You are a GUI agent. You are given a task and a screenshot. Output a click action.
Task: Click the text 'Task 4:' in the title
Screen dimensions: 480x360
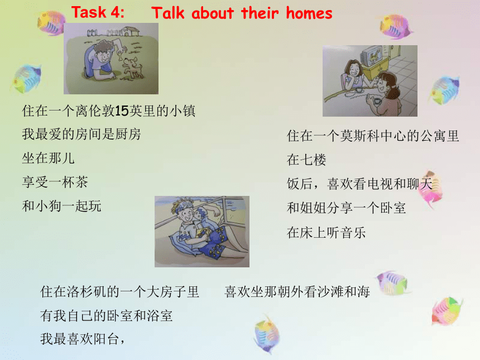98,12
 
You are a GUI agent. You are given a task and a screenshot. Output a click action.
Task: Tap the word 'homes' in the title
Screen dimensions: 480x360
309,13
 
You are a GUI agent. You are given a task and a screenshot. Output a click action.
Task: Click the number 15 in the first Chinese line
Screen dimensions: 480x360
122,111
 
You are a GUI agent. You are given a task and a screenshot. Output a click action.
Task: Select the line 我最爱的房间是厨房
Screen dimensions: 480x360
81,135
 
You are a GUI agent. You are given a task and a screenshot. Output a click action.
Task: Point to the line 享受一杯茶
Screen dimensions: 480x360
55,183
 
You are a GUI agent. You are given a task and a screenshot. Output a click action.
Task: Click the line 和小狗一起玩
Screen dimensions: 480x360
61,206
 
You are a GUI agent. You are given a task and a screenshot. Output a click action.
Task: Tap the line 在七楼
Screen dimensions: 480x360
306,160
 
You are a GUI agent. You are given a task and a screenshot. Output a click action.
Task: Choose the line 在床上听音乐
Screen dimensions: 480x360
327,233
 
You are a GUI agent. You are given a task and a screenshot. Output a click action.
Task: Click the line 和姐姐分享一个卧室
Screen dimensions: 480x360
346,208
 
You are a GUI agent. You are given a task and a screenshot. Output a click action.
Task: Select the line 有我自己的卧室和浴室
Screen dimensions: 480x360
106,315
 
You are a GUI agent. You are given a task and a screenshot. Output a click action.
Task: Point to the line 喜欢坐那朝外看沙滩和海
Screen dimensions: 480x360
297,292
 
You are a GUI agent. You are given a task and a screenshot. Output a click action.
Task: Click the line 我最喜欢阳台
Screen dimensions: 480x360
82,339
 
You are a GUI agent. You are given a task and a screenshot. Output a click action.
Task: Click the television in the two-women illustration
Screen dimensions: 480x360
371,56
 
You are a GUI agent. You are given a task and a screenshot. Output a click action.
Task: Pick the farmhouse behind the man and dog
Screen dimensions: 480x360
130,31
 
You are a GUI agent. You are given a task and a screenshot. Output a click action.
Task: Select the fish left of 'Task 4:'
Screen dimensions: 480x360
51,23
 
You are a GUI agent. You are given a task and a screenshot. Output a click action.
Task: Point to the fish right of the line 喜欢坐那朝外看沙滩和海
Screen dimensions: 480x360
392,282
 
